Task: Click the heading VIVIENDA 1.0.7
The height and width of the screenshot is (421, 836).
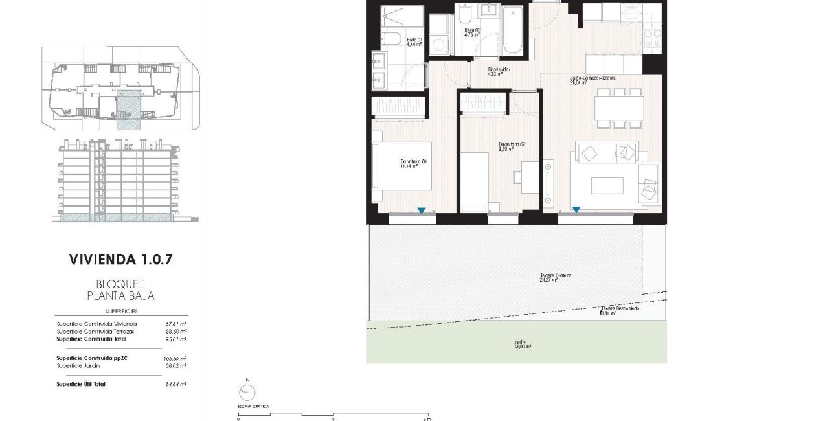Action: [121, 260]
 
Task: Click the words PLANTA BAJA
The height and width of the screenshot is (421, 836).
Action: [121, 296]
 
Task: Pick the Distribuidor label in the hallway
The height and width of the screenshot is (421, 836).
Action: [499, 71]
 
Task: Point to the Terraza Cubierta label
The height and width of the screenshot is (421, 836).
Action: [555, 277]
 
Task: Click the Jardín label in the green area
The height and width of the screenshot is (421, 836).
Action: [520, 343]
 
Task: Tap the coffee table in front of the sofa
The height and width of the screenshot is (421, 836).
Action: [607, 185]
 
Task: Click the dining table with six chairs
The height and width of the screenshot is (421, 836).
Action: [618, 108]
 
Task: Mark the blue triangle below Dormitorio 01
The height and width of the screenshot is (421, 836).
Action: [422, 210]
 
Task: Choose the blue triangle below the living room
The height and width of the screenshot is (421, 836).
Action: [575, 210]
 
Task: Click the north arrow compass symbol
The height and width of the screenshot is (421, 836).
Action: [246, 392]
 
